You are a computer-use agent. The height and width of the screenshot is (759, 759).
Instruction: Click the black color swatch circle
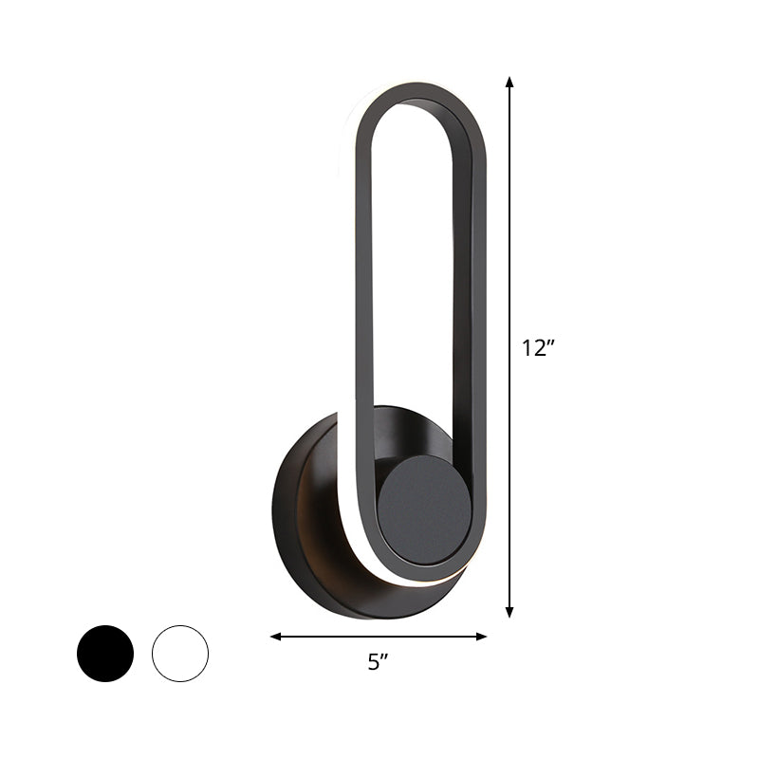coord(105,653)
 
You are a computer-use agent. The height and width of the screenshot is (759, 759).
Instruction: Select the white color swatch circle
coord(179,653)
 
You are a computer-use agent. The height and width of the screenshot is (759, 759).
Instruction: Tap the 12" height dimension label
coord(537,348)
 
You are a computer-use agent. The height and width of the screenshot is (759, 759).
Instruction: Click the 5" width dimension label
coord(379,665)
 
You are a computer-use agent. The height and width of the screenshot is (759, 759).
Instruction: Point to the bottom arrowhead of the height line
coord(509,613)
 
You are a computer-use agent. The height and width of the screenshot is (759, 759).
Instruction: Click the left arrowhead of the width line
coord(276,637)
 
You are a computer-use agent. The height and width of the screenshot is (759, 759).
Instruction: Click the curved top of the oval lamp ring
coord(417,91)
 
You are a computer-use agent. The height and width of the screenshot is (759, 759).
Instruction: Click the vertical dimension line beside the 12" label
coord(509,237)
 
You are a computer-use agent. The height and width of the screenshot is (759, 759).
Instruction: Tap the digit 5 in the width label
coord(374,665)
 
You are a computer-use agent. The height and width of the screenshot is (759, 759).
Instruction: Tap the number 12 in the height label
coord(532,348)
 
